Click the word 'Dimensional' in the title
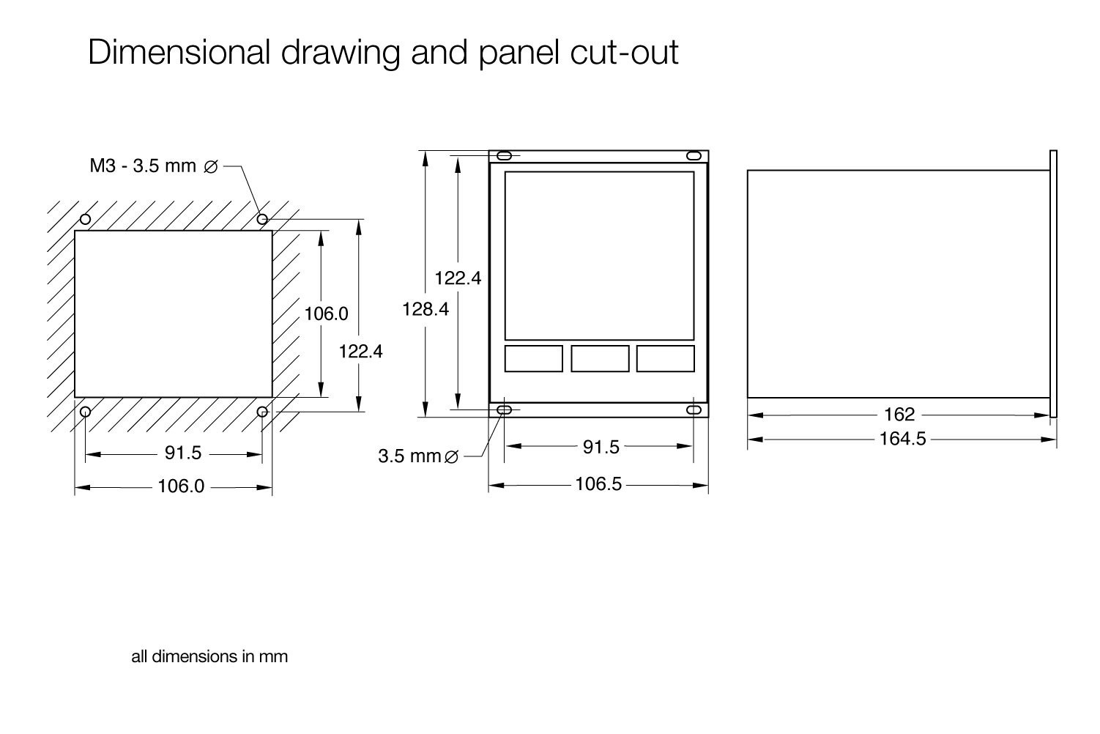pyautogui.click(x=179, y=51)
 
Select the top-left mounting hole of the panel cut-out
pyautogui.click(x=85, y=218)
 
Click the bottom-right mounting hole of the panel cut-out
pyautogui.click(x=262, y=412)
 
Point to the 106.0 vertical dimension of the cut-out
pyautogui.click(x=326, y=314)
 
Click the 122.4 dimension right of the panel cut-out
pyautogui.click(x=360, y=352)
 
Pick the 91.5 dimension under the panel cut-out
pyautogui.click(x=182, y=453)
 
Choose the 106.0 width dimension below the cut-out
pyautogui.click(x=181, y=486)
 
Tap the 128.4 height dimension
pyautogui.click(x=425, y=309)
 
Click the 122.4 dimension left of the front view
pyautogui.click(x=458, y=278)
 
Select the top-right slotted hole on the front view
pyautogui.click(x=694, y=156)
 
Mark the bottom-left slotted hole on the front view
pyautogui.click(x=505, y=409)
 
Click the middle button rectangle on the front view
pyautogui.click(x=600, y=359)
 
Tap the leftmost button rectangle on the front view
pyautogui.click(x=533, y=359)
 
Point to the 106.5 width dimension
pyautogui.click(x=598, y=484)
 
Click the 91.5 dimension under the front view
pyautogui.click(x=601, y=447)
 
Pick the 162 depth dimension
pyautogui.click(x=899, y=415)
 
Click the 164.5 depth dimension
pyautogui.click(x=902, y=439)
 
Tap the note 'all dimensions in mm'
pyautogui.click(x=209, y=657)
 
